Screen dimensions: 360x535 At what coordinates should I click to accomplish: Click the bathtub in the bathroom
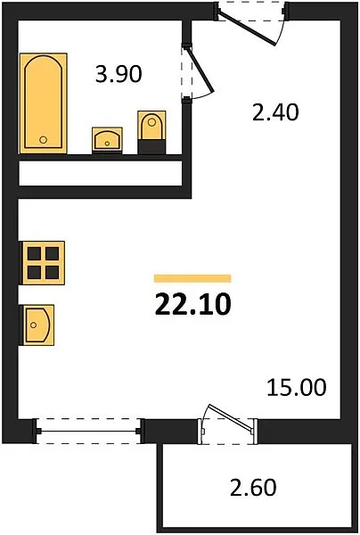[x=44, y=103]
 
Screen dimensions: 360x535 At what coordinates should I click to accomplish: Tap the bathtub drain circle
[x=43, y=139]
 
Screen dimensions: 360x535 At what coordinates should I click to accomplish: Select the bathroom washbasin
[x=107, y=140]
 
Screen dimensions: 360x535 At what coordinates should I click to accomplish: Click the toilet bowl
[x=151, y=125]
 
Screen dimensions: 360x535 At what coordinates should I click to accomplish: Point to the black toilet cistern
[x=151, y=146]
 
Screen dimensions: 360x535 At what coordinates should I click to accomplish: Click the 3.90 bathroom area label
[x=119, y=74]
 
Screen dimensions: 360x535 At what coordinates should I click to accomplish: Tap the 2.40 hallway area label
[x=275, y=112]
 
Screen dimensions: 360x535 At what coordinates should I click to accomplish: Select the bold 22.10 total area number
[x=193, y=305]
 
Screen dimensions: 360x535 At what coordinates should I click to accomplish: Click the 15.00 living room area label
[x=296, y=388]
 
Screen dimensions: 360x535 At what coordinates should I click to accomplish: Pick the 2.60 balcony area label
[x=253, y=488]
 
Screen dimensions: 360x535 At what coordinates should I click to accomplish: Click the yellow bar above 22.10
[x=192, y=278]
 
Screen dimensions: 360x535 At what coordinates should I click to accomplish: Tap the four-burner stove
[x=44, y=263]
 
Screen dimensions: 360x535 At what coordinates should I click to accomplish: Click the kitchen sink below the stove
[x=38, y=325]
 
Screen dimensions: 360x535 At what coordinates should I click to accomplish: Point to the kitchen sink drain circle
[x=33, y=325]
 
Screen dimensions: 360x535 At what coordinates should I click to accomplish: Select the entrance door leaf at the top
[x=247, y=29]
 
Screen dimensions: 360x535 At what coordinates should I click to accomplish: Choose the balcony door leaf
[x=231, y=418]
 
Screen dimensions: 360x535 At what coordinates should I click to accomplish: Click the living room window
[x=88, y=432]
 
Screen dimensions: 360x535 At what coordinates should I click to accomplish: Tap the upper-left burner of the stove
[x=34, y=253]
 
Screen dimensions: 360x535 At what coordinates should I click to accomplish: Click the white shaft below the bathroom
[x=100, y=173]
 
